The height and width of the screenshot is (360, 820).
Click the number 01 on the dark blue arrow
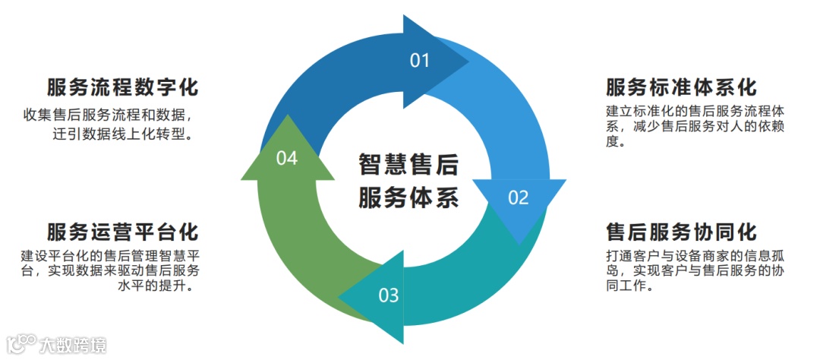[420, 61]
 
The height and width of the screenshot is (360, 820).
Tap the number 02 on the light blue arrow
[518, 198]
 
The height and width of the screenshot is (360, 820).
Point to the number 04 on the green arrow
[287, 158]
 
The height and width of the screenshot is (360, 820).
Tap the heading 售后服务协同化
[681, 231]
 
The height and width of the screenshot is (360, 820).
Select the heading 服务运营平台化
[122, 231]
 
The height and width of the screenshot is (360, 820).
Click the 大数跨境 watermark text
[73, 345]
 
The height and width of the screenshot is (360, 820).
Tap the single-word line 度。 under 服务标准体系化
[615, 143]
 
